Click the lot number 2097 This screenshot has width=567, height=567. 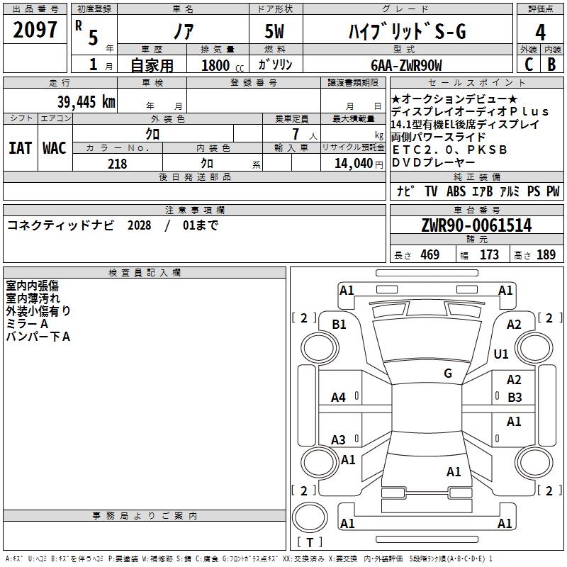35,30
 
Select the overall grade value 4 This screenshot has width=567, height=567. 540,33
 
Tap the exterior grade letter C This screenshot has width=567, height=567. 529,64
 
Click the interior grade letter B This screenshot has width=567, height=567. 551,64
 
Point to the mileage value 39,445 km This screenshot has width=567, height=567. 86,102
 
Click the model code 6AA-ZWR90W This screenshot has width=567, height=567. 406,65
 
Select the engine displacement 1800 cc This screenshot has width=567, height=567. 223,65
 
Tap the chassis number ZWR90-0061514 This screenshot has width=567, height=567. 476,225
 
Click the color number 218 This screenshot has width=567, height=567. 117,164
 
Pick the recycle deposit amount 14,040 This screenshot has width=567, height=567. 354,164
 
